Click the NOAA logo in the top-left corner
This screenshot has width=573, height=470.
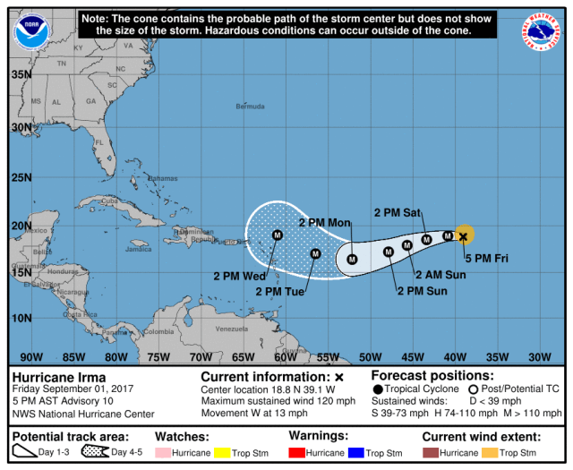(32, 32)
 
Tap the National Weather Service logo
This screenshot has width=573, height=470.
(540, 30)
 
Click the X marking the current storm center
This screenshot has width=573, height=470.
(463, 236)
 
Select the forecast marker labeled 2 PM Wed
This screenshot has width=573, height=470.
(278, 235)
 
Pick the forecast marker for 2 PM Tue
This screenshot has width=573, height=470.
(315, 253)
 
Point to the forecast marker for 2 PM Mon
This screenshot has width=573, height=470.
(352, 259)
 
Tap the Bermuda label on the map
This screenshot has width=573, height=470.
(250, 107)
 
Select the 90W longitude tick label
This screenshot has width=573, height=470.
(31, 357)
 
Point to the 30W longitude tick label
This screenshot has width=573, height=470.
(540, 357)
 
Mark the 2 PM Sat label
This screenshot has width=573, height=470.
(398, 213)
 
